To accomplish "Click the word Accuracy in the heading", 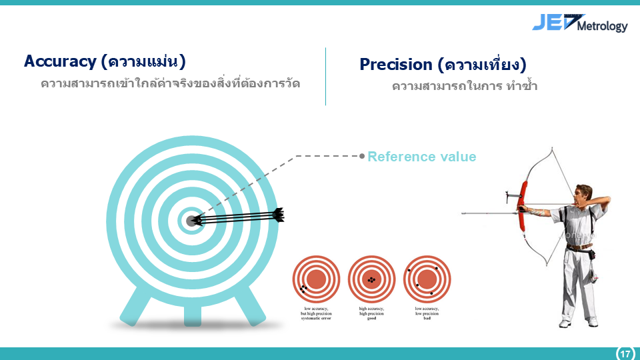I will tap(60, 61).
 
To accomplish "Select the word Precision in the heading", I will tap(396, 65).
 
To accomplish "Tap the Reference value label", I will tap(421, 157).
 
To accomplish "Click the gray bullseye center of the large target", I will tap(192, 221).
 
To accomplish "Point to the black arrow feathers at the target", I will tap(278, 215).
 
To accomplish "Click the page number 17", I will tap(625, 353).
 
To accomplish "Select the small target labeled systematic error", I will tap(317, 279).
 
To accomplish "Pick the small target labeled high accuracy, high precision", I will tap(372, 279).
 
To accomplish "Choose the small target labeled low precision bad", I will tap(427, 279).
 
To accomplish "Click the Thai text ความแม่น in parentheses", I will tap(143, 61).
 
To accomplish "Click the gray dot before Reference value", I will tap(362, 156).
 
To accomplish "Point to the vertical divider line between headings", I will tap(325, 76).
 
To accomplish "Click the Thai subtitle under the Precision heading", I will tap(465, 87).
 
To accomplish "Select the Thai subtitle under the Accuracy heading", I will tap(170, 84).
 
